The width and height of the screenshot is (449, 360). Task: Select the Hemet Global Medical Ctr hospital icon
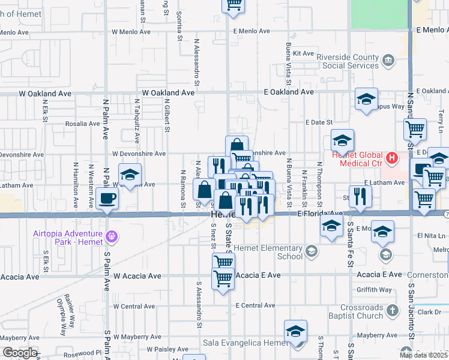tap(391, 158)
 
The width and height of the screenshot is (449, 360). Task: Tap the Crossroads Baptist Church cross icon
tap(393, 310)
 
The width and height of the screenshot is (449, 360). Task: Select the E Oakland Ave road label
tap(289, 92)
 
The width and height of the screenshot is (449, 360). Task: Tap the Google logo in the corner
tap(19, 353)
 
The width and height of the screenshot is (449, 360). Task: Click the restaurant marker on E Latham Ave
tap(360, 196)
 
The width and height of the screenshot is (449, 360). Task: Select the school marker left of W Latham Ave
tap(130, 175)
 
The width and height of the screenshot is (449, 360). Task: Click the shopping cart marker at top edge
tap(234, 5)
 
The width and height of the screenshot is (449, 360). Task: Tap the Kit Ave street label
tap(304, 53)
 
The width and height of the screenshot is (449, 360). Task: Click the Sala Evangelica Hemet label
tap(246, 342)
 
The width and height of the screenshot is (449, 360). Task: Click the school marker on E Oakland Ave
tap(366, 99)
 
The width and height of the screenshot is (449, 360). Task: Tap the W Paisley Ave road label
tap(167, 349)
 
